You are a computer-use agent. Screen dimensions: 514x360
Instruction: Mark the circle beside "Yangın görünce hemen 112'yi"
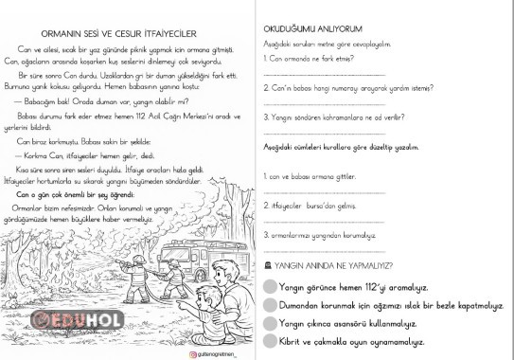(x=270, y=286)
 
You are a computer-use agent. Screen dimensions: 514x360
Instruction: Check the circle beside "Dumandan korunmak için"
(x=270, y=305)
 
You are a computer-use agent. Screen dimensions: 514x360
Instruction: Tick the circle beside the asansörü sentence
(x=270, y=323)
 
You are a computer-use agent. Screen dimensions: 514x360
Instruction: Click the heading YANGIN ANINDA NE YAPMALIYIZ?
(x=331, y=266)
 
